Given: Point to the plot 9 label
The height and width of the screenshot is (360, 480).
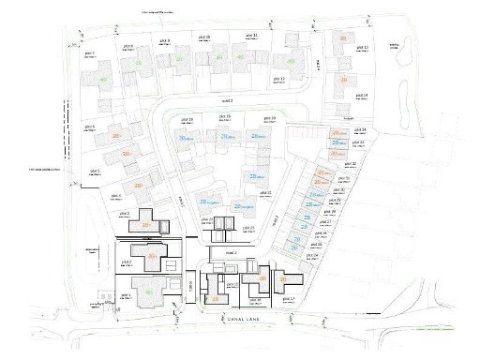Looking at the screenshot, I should tap(169, 41).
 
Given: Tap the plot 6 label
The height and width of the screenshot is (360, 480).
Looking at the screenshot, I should tap(90, 128).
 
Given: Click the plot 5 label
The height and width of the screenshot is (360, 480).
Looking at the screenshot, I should tap(94, 171).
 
